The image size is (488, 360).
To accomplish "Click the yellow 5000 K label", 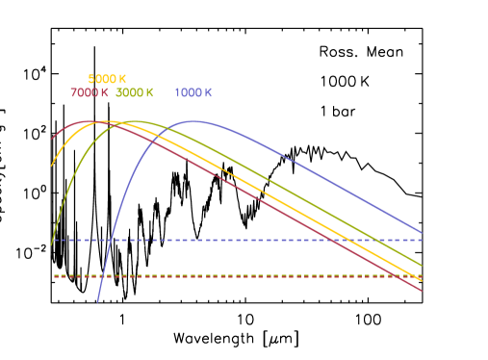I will tap(107, 79).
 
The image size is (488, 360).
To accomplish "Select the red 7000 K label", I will tap(89, 93).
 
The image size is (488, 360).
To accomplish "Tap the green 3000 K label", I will tap(135, 93).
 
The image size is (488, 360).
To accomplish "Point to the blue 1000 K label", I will tap(193, 93).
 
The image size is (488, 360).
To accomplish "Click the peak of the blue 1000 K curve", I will tap(194, 121).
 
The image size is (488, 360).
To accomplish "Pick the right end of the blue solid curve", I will tap(423, 232).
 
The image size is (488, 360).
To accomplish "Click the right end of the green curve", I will tap(423, 265).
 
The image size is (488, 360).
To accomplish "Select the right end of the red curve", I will tap(423, 291).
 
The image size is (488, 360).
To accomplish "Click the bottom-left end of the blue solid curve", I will tap(97, 301).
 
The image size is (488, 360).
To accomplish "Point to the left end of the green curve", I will tap(51, 244).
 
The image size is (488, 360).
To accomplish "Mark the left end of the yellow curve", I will tap(51, 166).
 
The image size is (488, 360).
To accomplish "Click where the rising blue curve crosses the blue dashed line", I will tap(111, 240).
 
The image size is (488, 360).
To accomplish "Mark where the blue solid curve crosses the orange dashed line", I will tap(102, 276).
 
